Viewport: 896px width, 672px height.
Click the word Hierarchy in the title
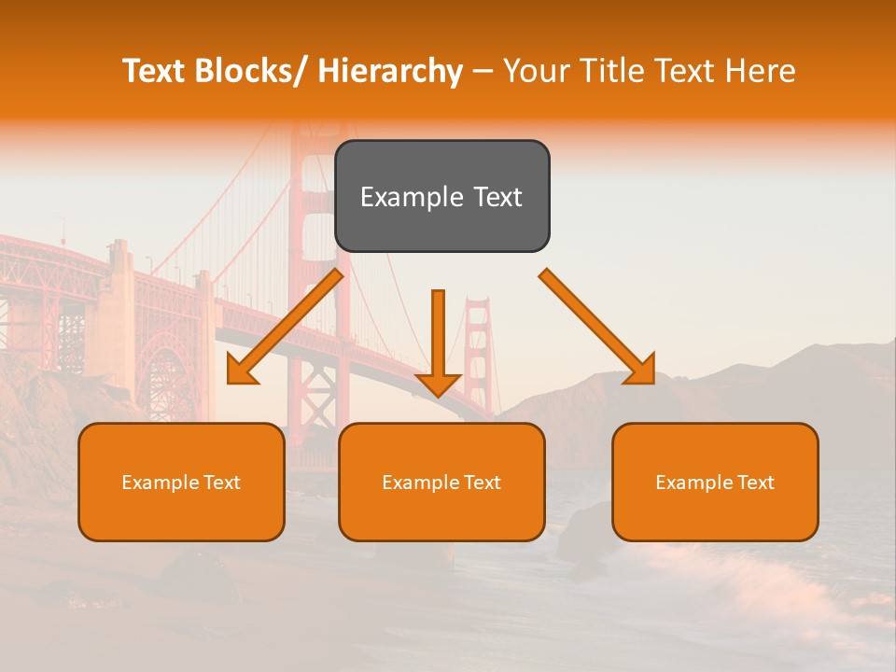tap(390, 71)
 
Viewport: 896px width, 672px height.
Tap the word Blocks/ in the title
tap(249, 71)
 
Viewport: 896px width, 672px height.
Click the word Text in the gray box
tap(497, 197)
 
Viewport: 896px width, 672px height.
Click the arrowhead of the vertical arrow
tap(438, 385)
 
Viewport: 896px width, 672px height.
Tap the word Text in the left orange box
tap(221, 483)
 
